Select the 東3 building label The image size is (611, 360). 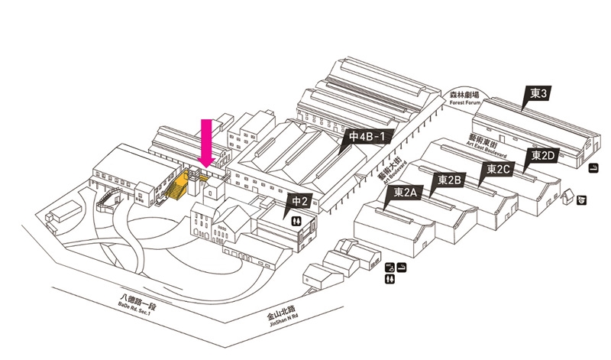(x=539, y=94)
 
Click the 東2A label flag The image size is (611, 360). (x=406, y=193)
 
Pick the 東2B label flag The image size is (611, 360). (x=449, y=180)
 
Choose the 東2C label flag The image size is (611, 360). (x=498, y=168)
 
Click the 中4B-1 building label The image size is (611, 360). (x=370, y=137)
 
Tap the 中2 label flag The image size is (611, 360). (x=299, y=203)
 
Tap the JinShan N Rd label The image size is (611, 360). (x=276, y=317)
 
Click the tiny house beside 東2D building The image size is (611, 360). (x=567, y=198)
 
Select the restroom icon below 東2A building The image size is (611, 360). (x=391, y=280)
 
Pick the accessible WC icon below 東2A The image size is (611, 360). (x=390, y=268)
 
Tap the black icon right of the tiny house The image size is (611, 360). (x=582, y=199)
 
